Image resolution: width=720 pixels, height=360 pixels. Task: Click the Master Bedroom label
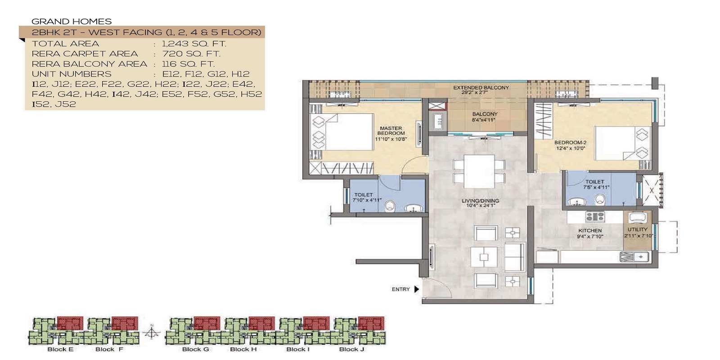click(x=391, y=131)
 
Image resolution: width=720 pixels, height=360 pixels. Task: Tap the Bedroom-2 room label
click(x=570, y=143)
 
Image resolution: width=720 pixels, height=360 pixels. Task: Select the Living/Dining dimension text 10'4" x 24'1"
click(x=480, y=206)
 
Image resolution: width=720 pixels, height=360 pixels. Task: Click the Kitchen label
click(x=590, y=230)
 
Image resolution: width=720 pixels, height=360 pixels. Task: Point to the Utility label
click(x=637, y=229)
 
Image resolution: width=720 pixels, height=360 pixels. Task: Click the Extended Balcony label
click(x=481, y=88)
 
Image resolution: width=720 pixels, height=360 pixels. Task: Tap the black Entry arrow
click(x=416, y=289)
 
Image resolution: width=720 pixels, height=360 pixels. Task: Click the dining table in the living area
click(x=479, y=171)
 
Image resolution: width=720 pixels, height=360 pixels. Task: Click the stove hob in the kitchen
click(x=595, y=216)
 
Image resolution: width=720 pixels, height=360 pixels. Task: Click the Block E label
click(x=60, y=349)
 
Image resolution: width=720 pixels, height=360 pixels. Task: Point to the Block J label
click(x=351, y=349)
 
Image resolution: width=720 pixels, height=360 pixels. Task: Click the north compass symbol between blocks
click(x=152, y=333)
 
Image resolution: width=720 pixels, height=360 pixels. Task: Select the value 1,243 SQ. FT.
click(x=194, y=44)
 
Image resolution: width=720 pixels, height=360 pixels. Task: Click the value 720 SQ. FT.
click(x=191, y=54)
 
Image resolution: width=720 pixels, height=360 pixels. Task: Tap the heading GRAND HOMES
click(x=72, y=21)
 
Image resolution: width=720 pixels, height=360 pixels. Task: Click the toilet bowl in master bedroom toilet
click(x=390, y=206)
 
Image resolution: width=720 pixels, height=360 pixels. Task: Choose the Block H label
click(x=243, y=349)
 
